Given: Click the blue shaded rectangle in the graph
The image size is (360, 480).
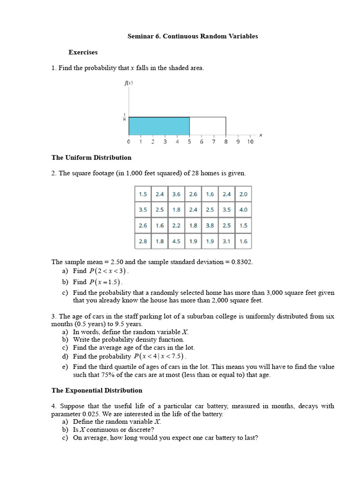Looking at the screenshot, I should point(159,127).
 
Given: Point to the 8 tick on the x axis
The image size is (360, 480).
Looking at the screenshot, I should point(226,142).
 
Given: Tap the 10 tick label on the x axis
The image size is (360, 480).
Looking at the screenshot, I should point(250,142).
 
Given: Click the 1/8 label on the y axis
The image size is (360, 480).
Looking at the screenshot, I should point(124,117).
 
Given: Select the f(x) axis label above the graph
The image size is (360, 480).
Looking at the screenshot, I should point(128,83).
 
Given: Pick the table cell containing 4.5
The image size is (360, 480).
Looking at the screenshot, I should point(176,241).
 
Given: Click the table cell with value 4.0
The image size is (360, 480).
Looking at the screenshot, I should point(243,210).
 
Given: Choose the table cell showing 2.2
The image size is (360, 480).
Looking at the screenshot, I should point(176,225).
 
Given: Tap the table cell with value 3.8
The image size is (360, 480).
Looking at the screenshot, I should point(210,225).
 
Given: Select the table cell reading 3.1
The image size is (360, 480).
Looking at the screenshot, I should point(226,241).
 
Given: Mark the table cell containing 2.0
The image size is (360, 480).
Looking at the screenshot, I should point(243,194).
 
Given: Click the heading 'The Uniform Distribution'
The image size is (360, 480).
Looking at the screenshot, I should point(91,157).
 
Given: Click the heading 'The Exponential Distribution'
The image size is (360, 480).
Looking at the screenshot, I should point(97,390).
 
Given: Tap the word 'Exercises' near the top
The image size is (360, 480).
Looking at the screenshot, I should point(83,52).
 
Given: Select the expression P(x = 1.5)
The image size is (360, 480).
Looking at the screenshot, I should point(105,282).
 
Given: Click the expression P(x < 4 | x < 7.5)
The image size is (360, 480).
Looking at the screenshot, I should point(160,356).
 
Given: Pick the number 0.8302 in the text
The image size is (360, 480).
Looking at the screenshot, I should point(242,262).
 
